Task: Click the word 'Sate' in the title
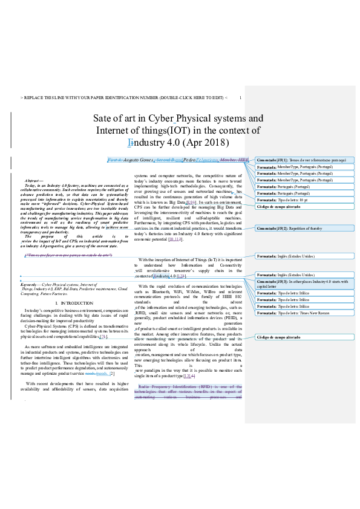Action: coord(103,118)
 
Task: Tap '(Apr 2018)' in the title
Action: coord(208,143)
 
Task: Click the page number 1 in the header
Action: coord(240,98)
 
